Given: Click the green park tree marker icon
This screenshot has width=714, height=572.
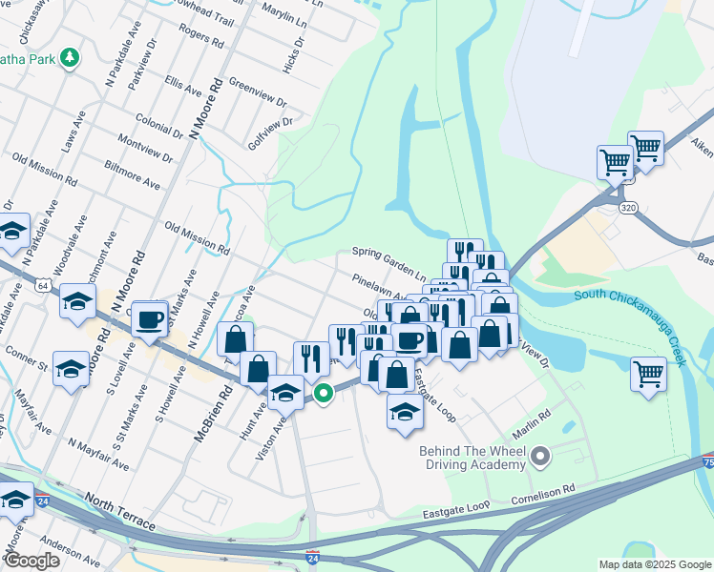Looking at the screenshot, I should tap(69, 59).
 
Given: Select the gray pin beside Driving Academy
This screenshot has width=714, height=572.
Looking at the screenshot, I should tap(540, 459).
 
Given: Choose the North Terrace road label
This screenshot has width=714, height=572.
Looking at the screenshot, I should tap(119, 513).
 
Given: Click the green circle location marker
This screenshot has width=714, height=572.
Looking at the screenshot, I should tap(324, 392).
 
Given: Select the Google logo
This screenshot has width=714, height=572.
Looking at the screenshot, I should tap(31, 561).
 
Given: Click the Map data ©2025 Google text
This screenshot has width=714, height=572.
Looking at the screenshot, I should tap(654, 564).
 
